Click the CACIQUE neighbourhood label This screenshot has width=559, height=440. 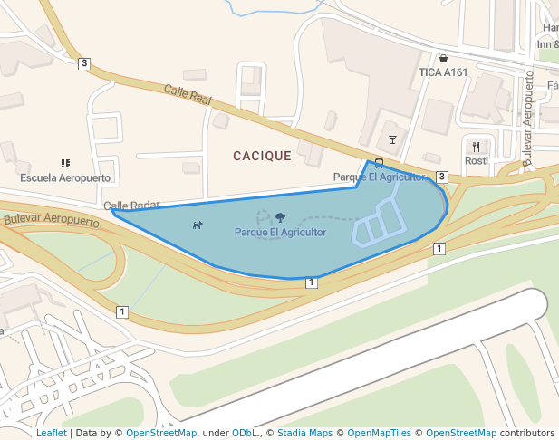pyautogui.click(x=262, y=156)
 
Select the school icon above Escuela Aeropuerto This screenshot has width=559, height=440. pyautogui.click(x=65, y=163)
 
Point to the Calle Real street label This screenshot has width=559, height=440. pyautogui.click(x=187, y=94)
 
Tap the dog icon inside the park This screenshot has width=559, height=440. pyautogui.click(x=198, y=225)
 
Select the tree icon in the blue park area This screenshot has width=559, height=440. pyautogui.click(x=281, y=217)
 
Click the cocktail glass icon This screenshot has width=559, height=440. pyautogui.click(x=392, y=139)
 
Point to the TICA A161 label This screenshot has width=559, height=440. pyautogui.click(x=443, y=72)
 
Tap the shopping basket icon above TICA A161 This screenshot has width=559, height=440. pyautogui.click(x=443, y=58)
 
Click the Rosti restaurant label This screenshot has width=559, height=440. pyautogui.click(x=477, y=160)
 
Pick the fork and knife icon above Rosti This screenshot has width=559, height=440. pyautogui.click(x=476, y=146)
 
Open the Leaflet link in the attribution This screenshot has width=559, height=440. pyautogui.click(x=51, y=433)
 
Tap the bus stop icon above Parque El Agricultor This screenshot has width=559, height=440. pyautogui.click(x=378, y=163)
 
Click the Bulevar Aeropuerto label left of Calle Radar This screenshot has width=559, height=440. pyautogui.click(x=51, y=219)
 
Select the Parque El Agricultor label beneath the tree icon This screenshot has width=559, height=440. pyautogui.click(x=280, y=233)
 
